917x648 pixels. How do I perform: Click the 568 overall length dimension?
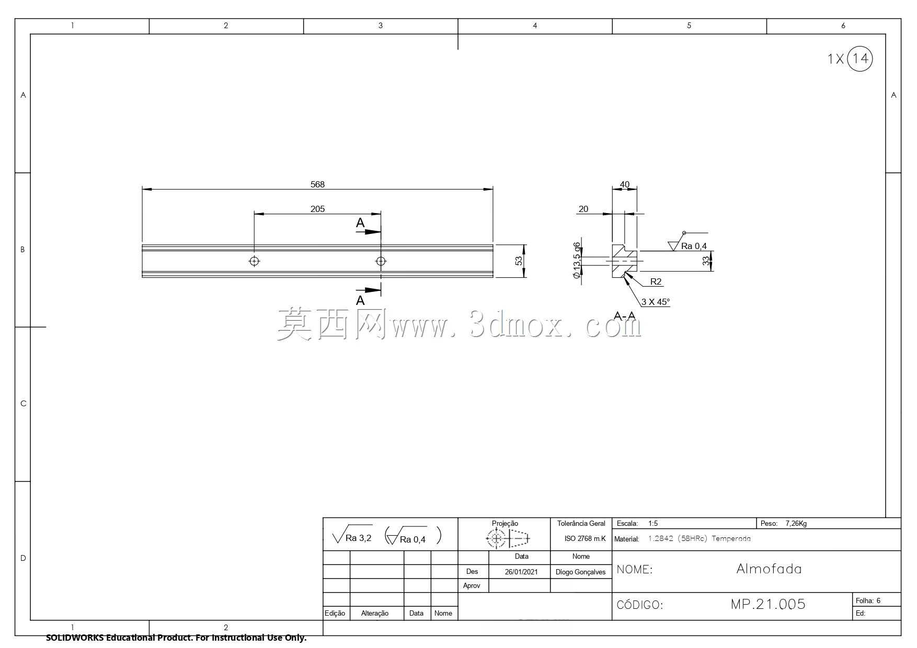pyautogui.click(x=317, y=184)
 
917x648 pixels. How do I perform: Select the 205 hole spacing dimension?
pyautogui.click(x=317, y=209)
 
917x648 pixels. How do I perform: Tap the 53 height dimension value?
pyautogui.click(x=519, y=261)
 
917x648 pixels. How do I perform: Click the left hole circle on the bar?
pyautogui.click(x=254, y=261)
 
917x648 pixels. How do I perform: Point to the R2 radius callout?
pyautogui.click(x=656, y=282)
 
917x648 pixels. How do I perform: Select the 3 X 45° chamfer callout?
pyautogui.click(x=656, y=302)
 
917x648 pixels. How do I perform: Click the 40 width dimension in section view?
pyautogui.click(x=624, y=184)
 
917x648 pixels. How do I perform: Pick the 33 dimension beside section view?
pyautogui.click(x=706, y=261)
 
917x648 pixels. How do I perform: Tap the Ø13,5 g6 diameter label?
pyautogui.click(x=577, y=260)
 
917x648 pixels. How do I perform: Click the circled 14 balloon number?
pyautogui.click(x=859, y=58)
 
